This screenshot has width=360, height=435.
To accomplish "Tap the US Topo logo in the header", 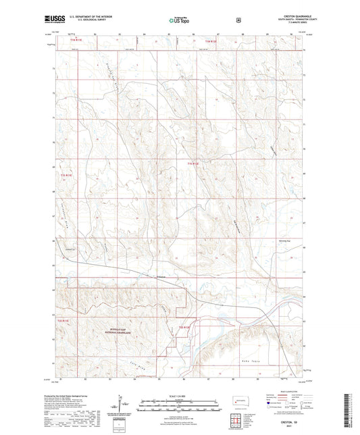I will coord(179,21).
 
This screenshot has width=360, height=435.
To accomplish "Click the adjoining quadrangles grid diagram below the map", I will coord(238,421).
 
